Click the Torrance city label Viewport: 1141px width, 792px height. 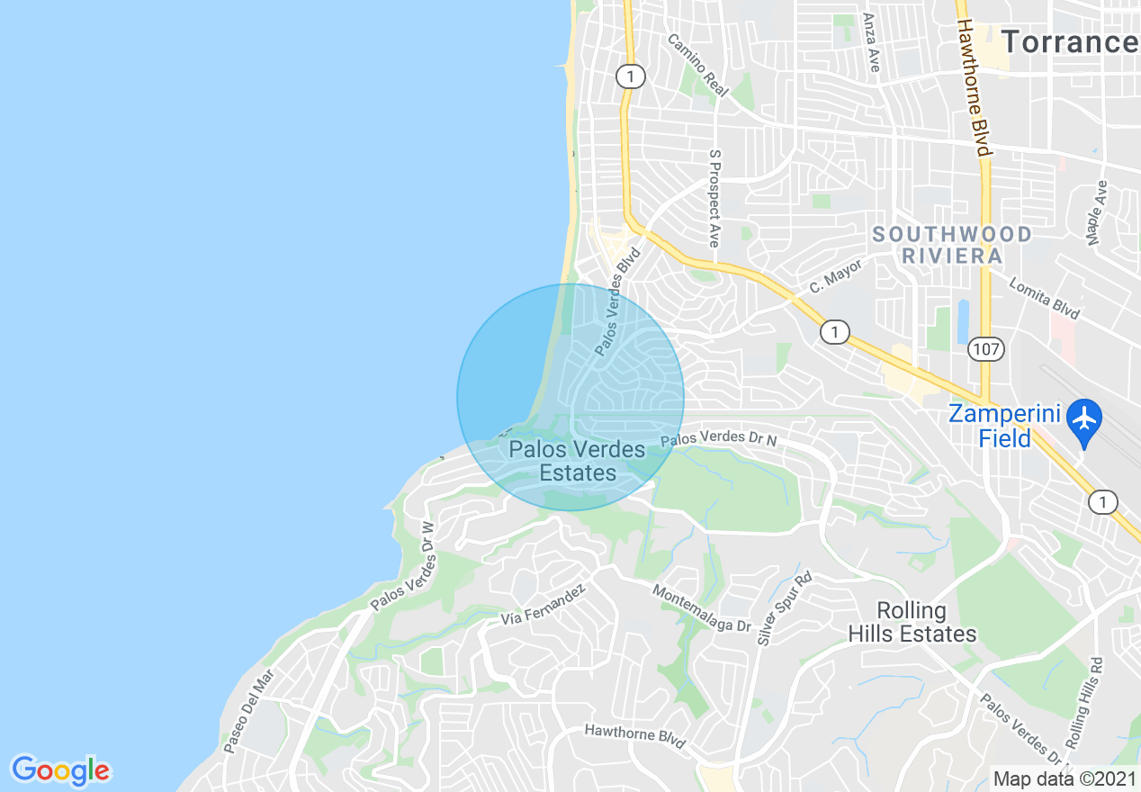click(x=1069, y=42)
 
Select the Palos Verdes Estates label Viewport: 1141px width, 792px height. click(x=577, y=461)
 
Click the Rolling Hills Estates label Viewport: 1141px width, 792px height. click(x=912, y=622)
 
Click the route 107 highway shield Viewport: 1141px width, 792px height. click(x=987, y=349)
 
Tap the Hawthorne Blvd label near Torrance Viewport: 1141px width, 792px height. click(x=974, y=87)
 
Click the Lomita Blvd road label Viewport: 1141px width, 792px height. click(x=1044, y=297)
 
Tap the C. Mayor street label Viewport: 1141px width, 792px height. click(x=835, y=276)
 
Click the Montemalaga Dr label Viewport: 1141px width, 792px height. click(x=701, y=609)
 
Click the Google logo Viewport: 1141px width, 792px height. click(x=60, y=770)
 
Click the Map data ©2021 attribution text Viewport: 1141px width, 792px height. click(x=1062, y=778)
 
